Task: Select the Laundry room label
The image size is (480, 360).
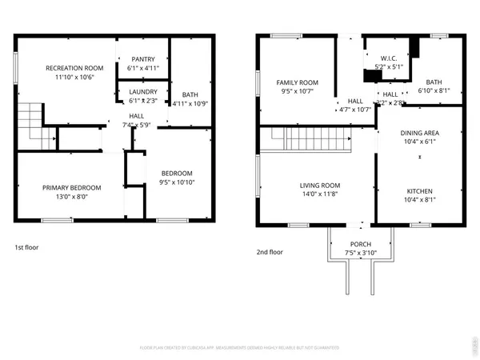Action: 143,92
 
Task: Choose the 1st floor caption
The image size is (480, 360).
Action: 26,247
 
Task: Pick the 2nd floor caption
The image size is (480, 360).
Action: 270,252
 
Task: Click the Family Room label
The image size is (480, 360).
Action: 298,82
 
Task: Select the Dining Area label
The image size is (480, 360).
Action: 420,134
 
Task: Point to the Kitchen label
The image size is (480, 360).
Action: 420,191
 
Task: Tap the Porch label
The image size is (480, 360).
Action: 361,244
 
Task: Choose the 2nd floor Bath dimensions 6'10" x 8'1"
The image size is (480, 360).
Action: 434,90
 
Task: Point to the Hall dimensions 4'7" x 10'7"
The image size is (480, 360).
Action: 355,110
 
